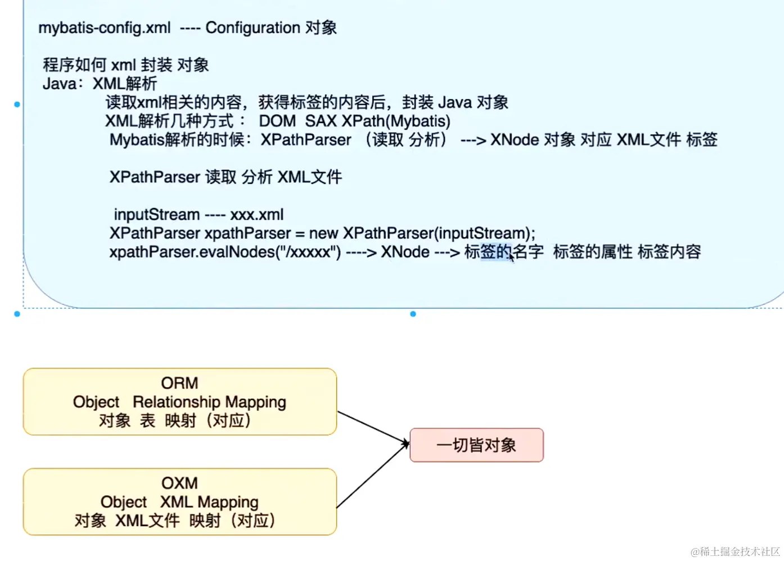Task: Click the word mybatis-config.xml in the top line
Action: point(104,28)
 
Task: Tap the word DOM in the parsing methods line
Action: point(277,121)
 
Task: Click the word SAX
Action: point(321,121)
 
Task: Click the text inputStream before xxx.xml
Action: point(156,214)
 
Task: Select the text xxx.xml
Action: point(257,214)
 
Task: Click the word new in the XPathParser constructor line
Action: point(323,233)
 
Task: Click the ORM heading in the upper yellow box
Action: point(179,383)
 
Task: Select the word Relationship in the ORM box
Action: point(177,402)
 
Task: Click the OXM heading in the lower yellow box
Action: point(179,483)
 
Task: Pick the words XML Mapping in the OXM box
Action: point(209,501)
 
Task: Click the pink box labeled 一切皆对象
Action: point(476,445)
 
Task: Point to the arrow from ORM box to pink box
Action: point(372,428)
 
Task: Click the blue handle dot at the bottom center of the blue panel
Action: point(413,314)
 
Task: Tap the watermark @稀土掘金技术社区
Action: point(735,551)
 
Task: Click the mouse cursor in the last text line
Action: point(512,257)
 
